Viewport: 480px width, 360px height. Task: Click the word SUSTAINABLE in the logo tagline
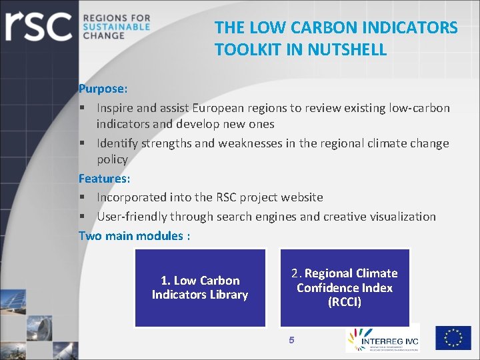click(x=117, y=27)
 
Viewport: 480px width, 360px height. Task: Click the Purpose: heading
click(x=103, y=89)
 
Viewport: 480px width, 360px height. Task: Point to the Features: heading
click(x=105, y=179)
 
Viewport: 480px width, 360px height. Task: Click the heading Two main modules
click(x=134, y=236)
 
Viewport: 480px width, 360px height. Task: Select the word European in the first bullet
click(x=219, y=107)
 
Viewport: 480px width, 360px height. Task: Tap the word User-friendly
click(x=132, y=217)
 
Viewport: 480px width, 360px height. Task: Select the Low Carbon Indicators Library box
click(x=200, y=288)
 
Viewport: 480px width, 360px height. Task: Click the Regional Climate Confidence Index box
click(x=345, y=288)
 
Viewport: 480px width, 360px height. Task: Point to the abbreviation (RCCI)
click(x=345, y=303)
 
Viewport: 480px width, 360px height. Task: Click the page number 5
click(x=291, y=341)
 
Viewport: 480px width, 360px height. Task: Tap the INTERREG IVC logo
click(x=382, y=339)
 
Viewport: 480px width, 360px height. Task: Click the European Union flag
click(x=453, y=338)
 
